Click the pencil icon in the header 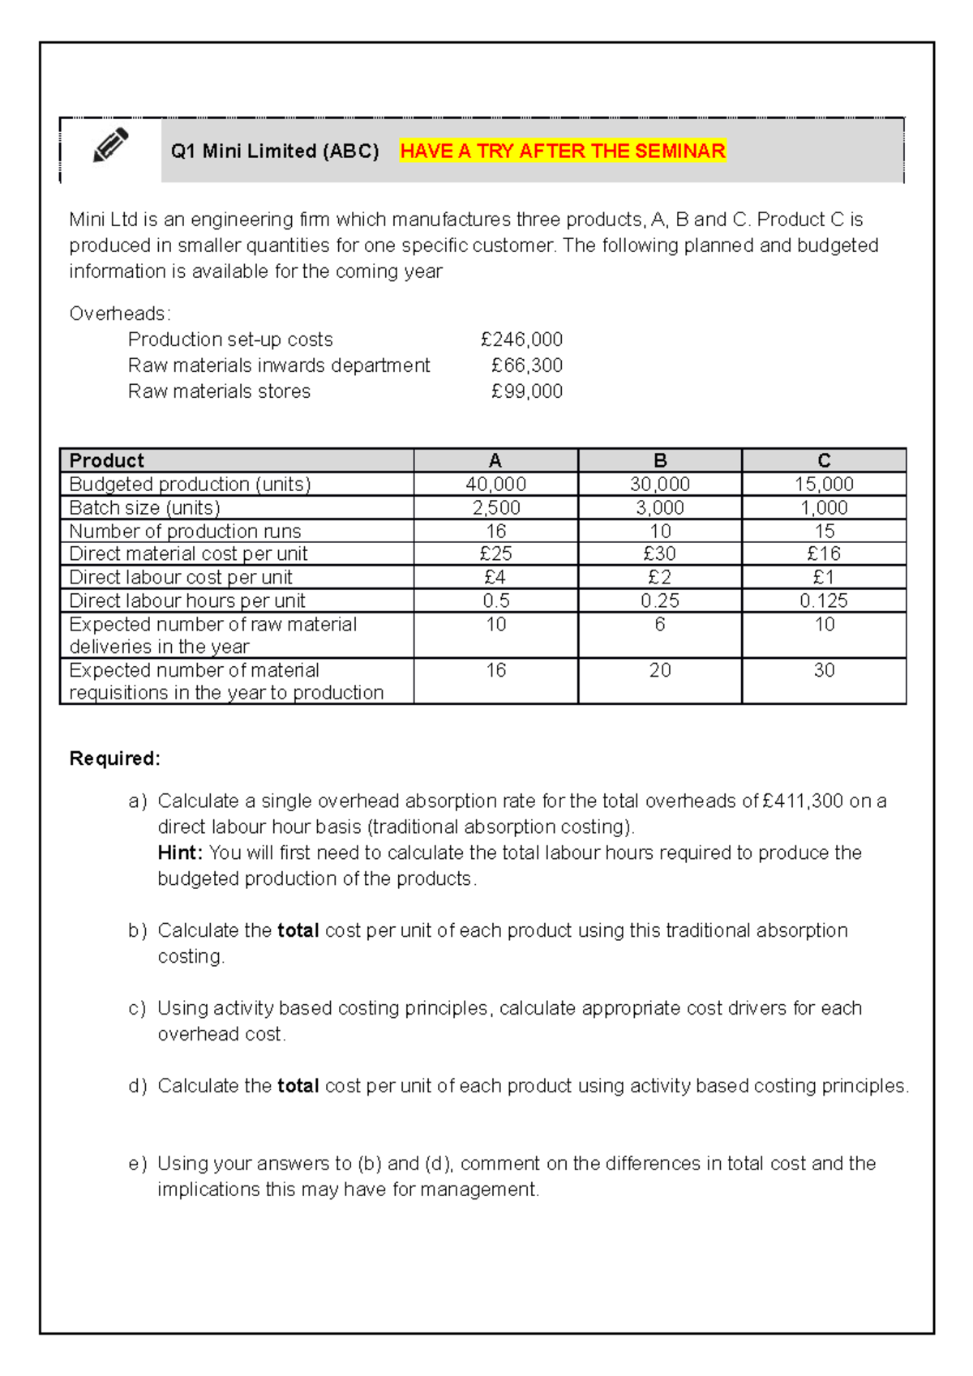point(110,145)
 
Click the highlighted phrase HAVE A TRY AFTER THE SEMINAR point(563,152)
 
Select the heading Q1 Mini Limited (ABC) point(275,152)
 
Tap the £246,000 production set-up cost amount point(521,340)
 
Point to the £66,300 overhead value point(526,365)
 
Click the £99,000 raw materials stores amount point(526,391)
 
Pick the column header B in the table point(660,460)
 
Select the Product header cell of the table point(107,460)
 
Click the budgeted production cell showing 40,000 point(495,484)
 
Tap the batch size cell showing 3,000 point(660,507)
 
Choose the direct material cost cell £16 point(824,553)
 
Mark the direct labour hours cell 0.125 point(824,600)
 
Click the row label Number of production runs point(185,531)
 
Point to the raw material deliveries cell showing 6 point(660,624)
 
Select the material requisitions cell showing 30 point(824,670)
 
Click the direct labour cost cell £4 point(495,577)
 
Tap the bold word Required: point(115,759)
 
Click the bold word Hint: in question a point(179,853)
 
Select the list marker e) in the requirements point(137,1164)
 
